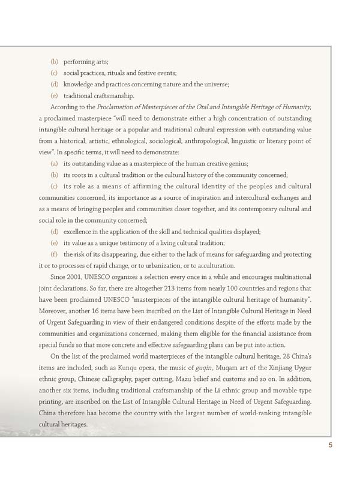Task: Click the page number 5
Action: click(x=330, y=445)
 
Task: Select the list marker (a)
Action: click(x=54, y=164)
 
